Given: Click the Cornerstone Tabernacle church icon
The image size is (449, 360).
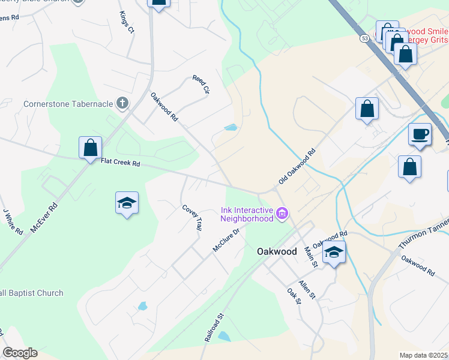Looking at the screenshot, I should point(122,103).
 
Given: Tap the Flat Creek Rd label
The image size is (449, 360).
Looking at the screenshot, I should point(120,162).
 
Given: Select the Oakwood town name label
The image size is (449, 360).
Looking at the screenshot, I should point(277,252).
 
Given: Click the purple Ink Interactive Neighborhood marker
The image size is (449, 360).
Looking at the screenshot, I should point(282,212).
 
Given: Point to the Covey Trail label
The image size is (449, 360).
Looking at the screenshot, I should point(193,217).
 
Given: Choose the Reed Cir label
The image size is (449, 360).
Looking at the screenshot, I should point(200,85).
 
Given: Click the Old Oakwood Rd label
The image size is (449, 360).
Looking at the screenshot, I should point(297,167).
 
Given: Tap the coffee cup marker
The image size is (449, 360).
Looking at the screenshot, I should point(420,133).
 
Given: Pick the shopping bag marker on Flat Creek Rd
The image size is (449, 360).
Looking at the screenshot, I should point(90,147).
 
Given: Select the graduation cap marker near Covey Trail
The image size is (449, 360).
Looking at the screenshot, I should point(127,203).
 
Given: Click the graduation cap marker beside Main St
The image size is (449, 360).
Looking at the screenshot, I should point(334,253).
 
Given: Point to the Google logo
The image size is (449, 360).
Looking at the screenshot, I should point(20,353).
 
